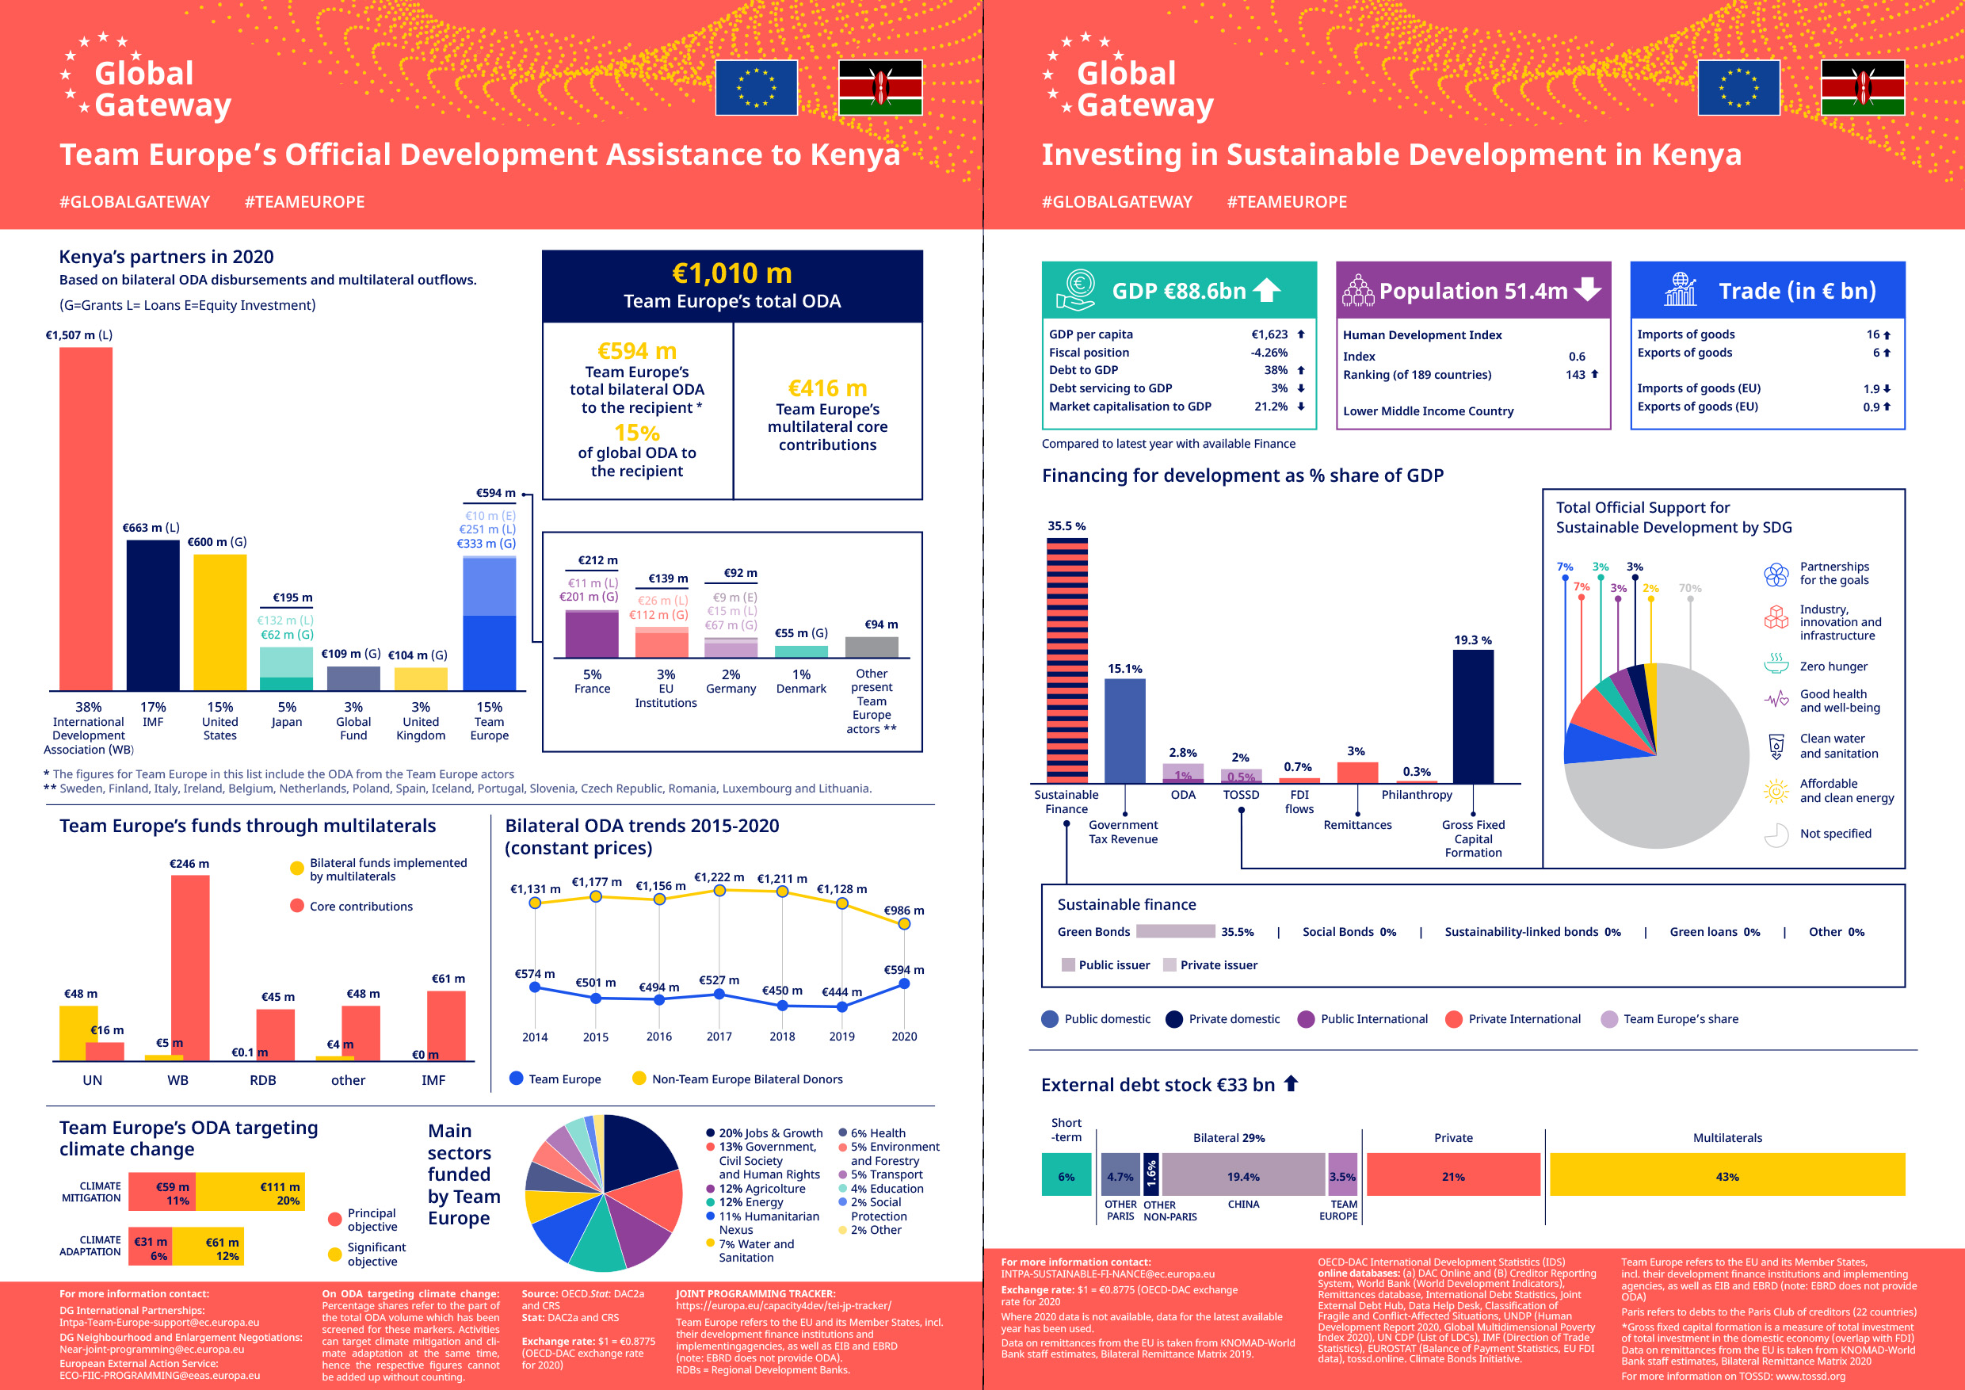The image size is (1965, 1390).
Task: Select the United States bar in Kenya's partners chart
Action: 220,622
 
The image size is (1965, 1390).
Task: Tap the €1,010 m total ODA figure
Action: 732,274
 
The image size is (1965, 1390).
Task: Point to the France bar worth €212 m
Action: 591,634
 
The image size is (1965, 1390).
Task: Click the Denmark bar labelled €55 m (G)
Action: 801,651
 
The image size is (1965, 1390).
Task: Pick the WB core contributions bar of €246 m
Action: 190,967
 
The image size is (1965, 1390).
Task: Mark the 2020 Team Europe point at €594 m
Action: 904,984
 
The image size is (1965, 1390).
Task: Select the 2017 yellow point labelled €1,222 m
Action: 719,891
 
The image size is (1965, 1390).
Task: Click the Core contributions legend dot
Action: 297,906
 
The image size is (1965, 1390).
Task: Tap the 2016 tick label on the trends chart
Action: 659,1037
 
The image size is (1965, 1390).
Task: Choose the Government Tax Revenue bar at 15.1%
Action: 1124,731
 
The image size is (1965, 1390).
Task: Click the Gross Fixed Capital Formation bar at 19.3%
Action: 1473,716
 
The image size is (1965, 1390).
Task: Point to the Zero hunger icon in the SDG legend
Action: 1776,663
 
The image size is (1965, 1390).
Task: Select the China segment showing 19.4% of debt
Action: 1242,1175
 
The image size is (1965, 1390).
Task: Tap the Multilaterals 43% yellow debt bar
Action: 1727,1175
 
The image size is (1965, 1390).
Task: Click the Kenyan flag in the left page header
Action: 879,87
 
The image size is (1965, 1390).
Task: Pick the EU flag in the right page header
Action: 1738,87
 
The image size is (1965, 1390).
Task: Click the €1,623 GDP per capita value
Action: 1269,334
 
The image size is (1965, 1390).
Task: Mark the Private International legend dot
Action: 1453,1018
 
